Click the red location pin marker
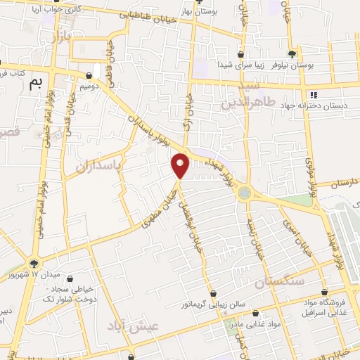[x=181, y=165]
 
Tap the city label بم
[x=36, y=84]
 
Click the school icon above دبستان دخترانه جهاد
[x=313, y=95]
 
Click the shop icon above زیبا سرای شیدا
[x=240, y=54]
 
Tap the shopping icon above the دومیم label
[x=90, y=76]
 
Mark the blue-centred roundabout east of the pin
[x=244, y=191]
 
